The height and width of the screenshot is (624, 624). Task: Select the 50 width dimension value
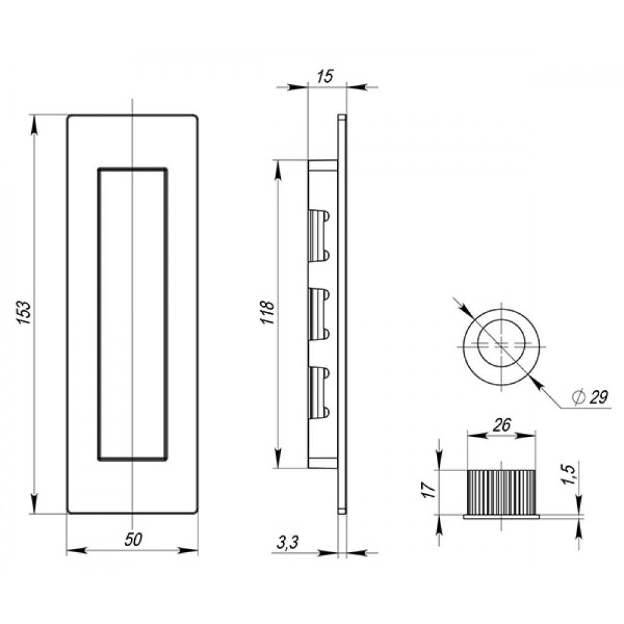(x=133, y=540)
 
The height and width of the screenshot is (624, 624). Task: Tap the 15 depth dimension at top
(x=324, y=76)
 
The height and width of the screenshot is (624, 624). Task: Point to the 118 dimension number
(x=268, y=313)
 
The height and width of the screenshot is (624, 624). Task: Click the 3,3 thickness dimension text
(x=287, y=543)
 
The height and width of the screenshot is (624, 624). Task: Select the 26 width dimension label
(x=502, y=426)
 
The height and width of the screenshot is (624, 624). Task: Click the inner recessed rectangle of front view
(x=98, y=314)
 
